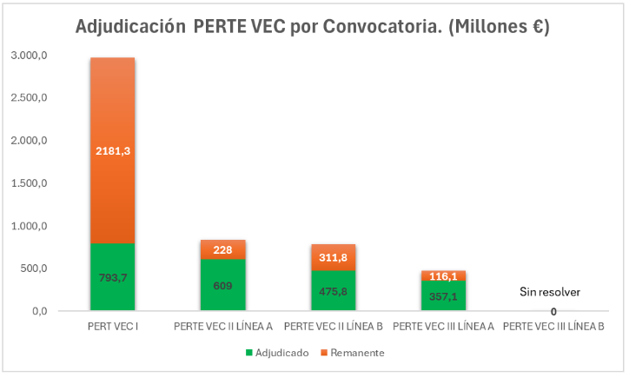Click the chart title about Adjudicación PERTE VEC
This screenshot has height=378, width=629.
click(313, 27)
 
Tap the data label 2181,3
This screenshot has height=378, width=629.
click(112, 151)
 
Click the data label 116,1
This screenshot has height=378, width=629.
click(444, 275)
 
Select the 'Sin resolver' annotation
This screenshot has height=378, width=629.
click(549, 292)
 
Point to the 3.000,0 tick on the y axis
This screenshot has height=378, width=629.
click(29, 56)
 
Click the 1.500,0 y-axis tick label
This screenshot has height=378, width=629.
click(29, 183)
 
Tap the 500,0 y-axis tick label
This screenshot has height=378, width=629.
click(33, 269)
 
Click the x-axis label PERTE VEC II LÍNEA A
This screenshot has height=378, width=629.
click(223, 328)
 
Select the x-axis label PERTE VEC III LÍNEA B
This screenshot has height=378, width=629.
click(553, 328)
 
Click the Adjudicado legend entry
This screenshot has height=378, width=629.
click(276, 353)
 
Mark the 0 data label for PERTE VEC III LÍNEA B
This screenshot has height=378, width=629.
click(553, 311)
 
